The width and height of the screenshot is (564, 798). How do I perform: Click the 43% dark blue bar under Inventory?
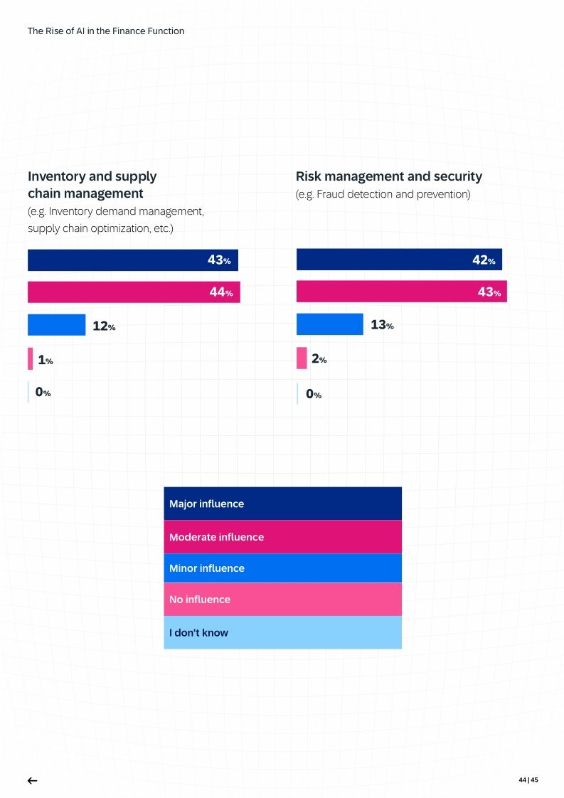tap(132, 260)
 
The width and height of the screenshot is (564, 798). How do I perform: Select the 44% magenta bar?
tap(134, 292)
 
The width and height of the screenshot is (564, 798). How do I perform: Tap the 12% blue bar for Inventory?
tap(56, 325)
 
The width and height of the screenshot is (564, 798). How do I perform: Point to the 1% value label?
tap(45, 361)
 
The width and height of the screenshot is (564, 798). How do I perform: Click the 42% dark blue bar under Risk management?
tap(399, 260)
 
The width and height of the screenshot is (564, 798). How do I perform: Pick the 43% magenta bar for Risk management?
tap(401, 292)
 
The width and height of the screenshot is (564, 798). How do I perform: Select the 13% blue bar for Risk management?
tap(329, 324)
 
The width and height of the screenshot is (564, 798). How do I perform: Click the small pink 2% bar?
tap(302, 358)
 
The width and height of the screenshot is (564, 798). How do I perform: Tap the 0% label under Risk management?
tap(314, 394)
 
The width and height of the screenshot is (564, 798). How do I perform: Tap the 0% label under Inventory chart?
tap(43, 392)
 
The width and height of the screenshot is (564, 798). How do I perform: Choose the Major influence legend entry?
tap(282, 504)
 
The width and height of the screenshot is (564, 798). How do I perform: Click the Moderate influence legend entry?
tap(282, 537)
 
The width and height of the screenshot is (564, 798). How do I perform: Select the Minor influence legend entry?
tap(282, 568)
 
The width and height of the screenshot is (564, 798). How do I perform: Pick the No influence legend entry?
tap(282, 600)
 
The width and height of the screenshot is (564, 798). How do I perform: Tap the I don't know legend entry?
tap(282, 632)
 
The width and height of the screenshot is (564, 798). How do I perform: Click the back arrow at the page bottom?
tap(32, 780)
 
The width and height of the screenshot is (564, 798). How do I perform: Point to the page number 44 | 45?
tap(528, 780)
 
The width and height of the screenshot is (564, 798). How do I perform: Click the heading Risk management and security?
tap(388, 176)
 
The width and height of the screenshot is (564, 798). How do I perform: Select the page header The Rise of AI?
tap(106, 31)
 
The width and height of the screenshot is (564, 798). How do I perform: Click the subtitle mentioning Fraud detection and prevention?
tap(383, 194)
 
